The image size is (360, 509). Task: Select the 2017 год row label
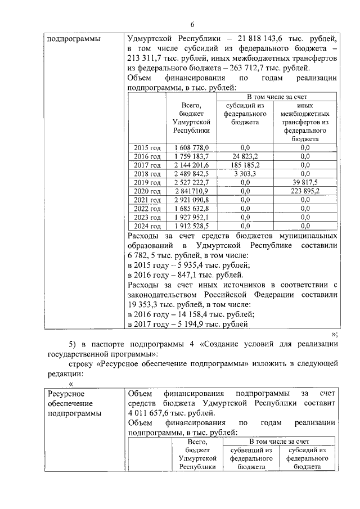click(147, 165)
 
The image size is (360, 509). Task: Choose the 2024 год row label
click(147, 226)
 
